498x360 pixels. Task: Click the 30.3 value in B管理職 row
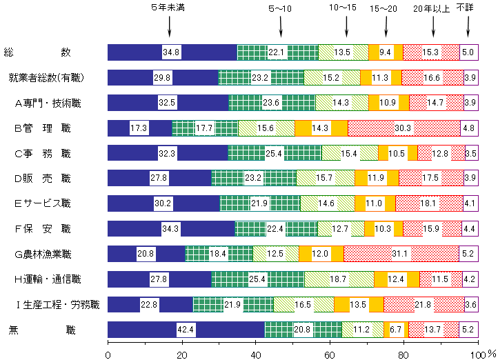pos(404,128)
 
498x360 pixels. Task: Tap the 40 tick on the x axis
pos(255,354)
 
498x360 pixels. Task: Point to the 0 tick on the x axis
pos(108,354)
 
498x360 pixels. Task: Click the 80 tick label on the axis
pos(403,354)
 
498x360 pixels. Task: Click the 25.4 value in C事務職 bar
pos(275,153)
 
